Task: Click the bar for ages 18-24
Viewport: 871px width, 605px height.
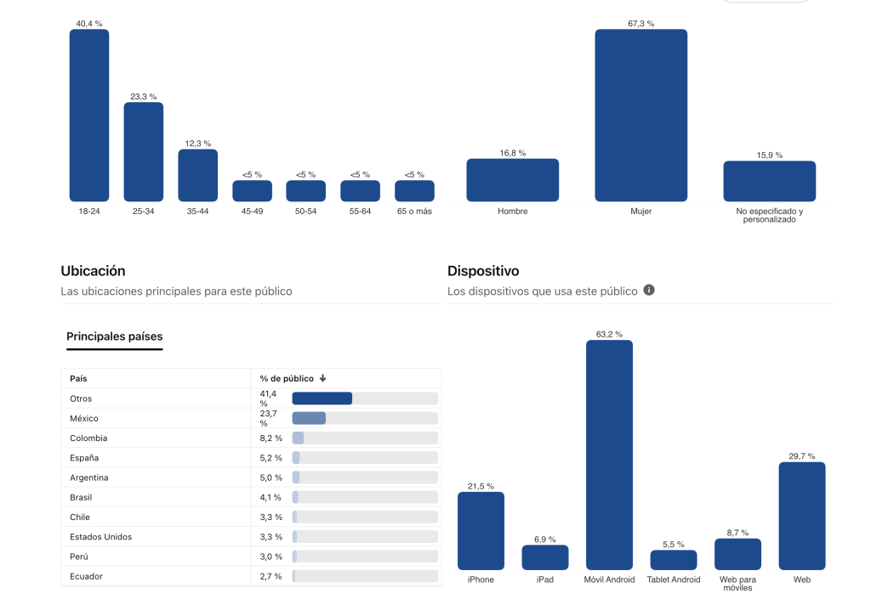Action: pyautogui.click(x=89, y=115)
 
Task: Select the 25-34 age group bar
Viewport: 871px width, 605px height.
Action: pyautogui.click(x=144, y=151)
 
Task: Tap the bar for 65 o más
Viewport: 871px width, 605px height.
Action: pyautogui.click(x=414, y=190)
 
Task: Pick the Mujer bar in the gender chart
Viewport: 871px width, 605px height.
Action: pyautogui.click(x=640, y=115)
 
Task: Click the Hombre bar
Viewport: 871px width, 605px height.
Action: pyautogui.click(x=512, y=179)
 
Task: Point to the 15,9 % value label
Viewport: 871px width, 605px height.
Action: pyautogui.click(x=769, y=155)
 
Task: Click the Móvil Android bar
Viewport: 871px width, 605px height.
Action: pyautogui.click(x=609, y=455)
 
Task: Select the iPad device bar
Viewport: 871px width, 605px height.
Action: pyautogui.click(x=545, y=557)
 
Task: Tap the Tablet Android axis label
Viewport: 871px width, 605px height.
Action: pyautogui.click(x=674, y=580)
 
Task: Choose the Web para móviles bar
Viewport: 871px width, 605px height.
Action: pyautogui.click(x=737, y=553)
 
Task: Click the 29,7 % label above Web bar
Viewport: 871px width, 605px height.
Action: pyautogui.click(x=801, y=456)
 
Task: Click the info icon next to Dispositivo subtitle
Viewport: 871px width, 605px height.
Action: pyautogui.click(x=649, y=291)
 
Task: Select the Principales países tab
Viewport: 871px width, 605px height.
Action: pyautogui.click(x=114, y=336)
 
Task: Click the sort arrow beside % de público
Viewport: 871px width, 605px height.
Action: pyautogui.click(x=323, y=378)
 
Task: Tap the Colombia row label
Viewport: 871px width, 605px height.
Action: pyautogui.click(x=88, y=438)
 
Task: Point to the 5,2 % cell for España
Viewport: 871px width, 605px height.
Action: pyautogui.click(x=271, y=458)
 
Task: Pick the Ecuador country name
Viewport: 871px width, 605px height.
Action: pyautogui.click(x=86, y=576)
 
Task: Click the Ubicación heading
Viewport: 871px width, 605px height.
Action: pyautogui.click(x=93, y=271)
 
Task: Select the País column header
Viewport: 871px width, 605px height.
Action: pyautogui.click(x=78, y=378)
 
